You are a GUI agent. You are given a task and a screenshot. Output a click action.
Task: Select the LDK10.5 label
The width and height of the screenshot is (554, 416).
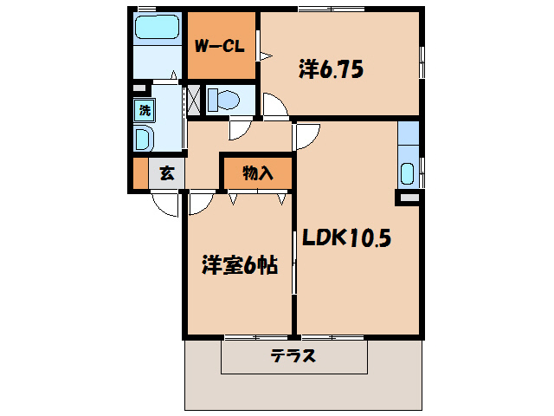(x=346, y=237)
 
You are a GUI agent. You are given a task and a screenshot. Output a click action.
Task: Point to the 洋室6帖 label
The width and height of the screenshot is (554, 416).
(x=239, y=266)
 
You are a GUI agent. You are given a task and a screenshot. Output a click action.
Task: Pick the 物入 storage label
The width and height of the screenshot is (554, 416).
(x=258, y=172)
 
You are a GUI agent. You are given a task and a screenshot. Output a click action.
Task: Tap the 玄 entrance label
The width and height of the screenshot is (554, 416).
(x=167, y=173)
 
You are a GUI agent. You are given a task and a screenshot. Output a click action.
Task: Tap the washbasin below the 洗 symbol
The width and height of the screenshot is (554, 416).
(x=144, y=139)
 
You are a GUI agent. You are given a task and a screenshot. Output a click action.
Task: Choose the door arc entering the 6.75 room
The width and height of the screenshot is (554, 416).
(x=276, y=107)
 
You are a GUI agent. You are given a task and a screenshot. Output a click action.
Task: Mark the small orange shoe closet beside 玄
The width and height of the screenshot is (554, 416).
(x=140, y=173)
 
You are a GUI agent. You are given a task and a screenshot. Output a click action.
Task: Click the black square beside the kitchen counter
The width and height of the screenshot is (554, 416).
(x=408, y=198)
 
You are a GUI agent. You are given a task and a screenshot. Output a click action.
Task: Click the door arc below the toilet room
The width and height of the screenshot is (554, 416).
(x=236, y=129)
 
